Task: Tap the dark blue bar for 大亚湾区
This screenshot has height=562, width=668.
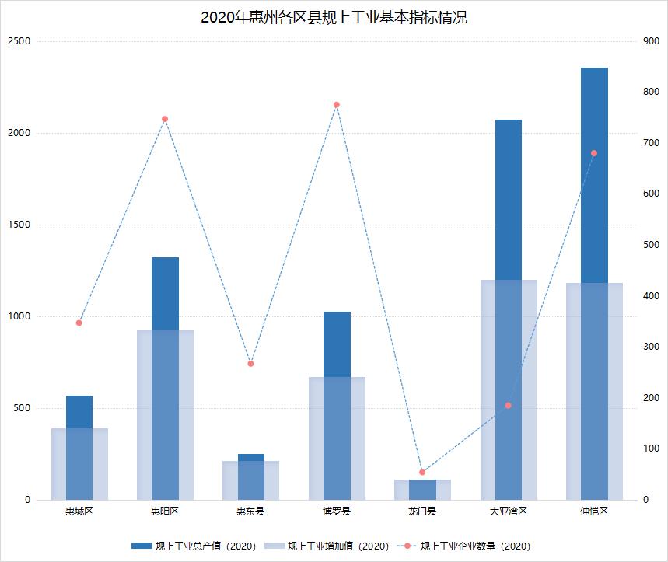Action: (509, 199)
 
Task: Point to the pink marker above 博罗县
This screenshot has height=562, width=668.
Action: (337, 105)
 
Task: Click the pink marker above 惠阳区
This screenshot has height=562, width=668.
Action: (165, 119)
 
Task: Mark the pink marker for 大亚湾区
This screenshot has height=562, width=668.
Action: (509, 406)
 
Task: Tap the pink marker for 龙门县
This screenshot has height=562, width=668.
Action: (422, 472)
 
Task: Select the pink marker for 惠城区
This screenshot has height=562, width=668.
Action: (79, 323)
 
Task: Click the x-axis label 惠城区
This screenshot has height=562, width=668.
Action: (79, 511)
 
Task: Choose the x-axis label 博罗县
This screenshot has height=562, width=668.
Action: (337, 511)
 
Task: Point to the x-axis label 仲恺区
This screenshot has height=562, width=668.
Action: (594, 511)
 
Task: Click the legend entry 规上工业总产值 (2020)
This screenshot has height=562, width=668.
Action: (194, 546)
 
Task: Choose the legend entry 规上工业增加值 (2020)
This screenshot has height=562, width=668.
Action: (327, 546)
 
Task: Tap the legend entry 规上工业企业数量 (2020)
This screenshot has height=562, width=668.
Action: (464, 546)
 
